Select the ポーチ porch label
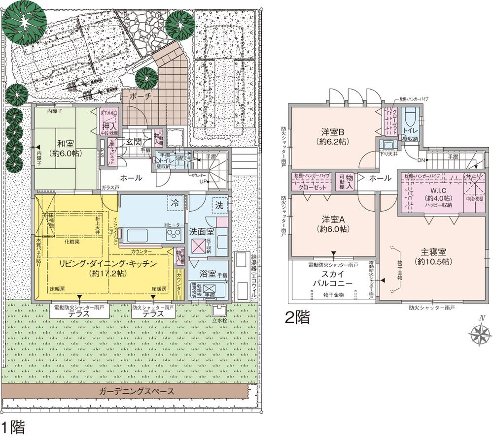pyautogui.click(x=141, y=97)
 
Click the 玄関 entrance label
pyautogui.click(x=133, y=142)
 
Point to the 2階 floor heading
pyautogui.click(x=298, y=317)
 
